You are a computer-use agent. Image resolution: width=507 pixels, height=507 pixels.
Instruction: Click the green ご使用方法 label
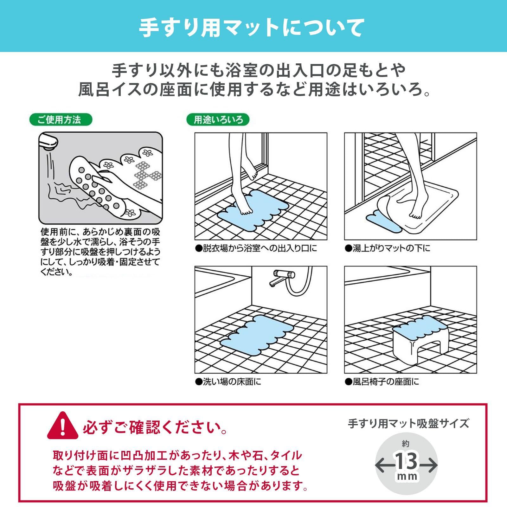click(x=60, y=119)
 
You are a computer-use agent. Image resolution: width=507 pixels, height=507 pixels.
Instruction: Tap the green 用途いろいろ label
click(x=218, y=120)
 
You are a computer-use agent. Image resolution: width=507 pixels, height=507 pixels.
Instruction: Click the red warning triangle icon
click(x=62, y=426)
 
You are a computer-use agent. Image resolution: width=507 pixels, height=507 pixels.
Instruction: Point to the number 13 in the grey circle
click(x=407, y=462)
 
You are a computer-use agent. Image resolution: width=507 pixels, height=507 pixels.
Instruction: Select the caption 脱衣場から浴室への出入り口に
click(x=256, y=248)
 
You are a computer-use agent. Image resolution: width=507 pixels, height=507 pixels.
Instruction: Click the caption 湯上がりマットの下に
click(x=388, y=248)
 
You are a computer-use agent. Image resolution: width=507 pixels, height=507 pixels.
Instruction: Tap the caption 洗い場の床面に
click(x=228, y=382)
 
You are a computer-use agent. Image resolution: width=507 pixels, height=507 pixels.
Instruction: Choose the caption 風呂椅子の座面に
click(x=382, y=382)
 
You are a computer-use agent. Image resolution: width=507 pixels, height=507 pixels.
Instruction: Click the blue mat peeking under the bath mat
click(x=377, y=219)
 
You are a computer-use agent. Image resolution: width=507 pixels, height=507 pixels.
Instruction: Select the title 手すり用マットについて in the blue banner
click(x=251, y=28)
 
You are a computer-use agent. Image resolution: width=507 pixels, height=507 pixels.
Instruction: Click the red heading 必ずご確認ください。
click(x=155, y=428)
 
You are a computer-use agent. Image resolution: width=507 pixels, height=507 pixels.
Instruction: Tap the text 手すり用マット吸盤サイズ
click(x=408, y=423)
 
